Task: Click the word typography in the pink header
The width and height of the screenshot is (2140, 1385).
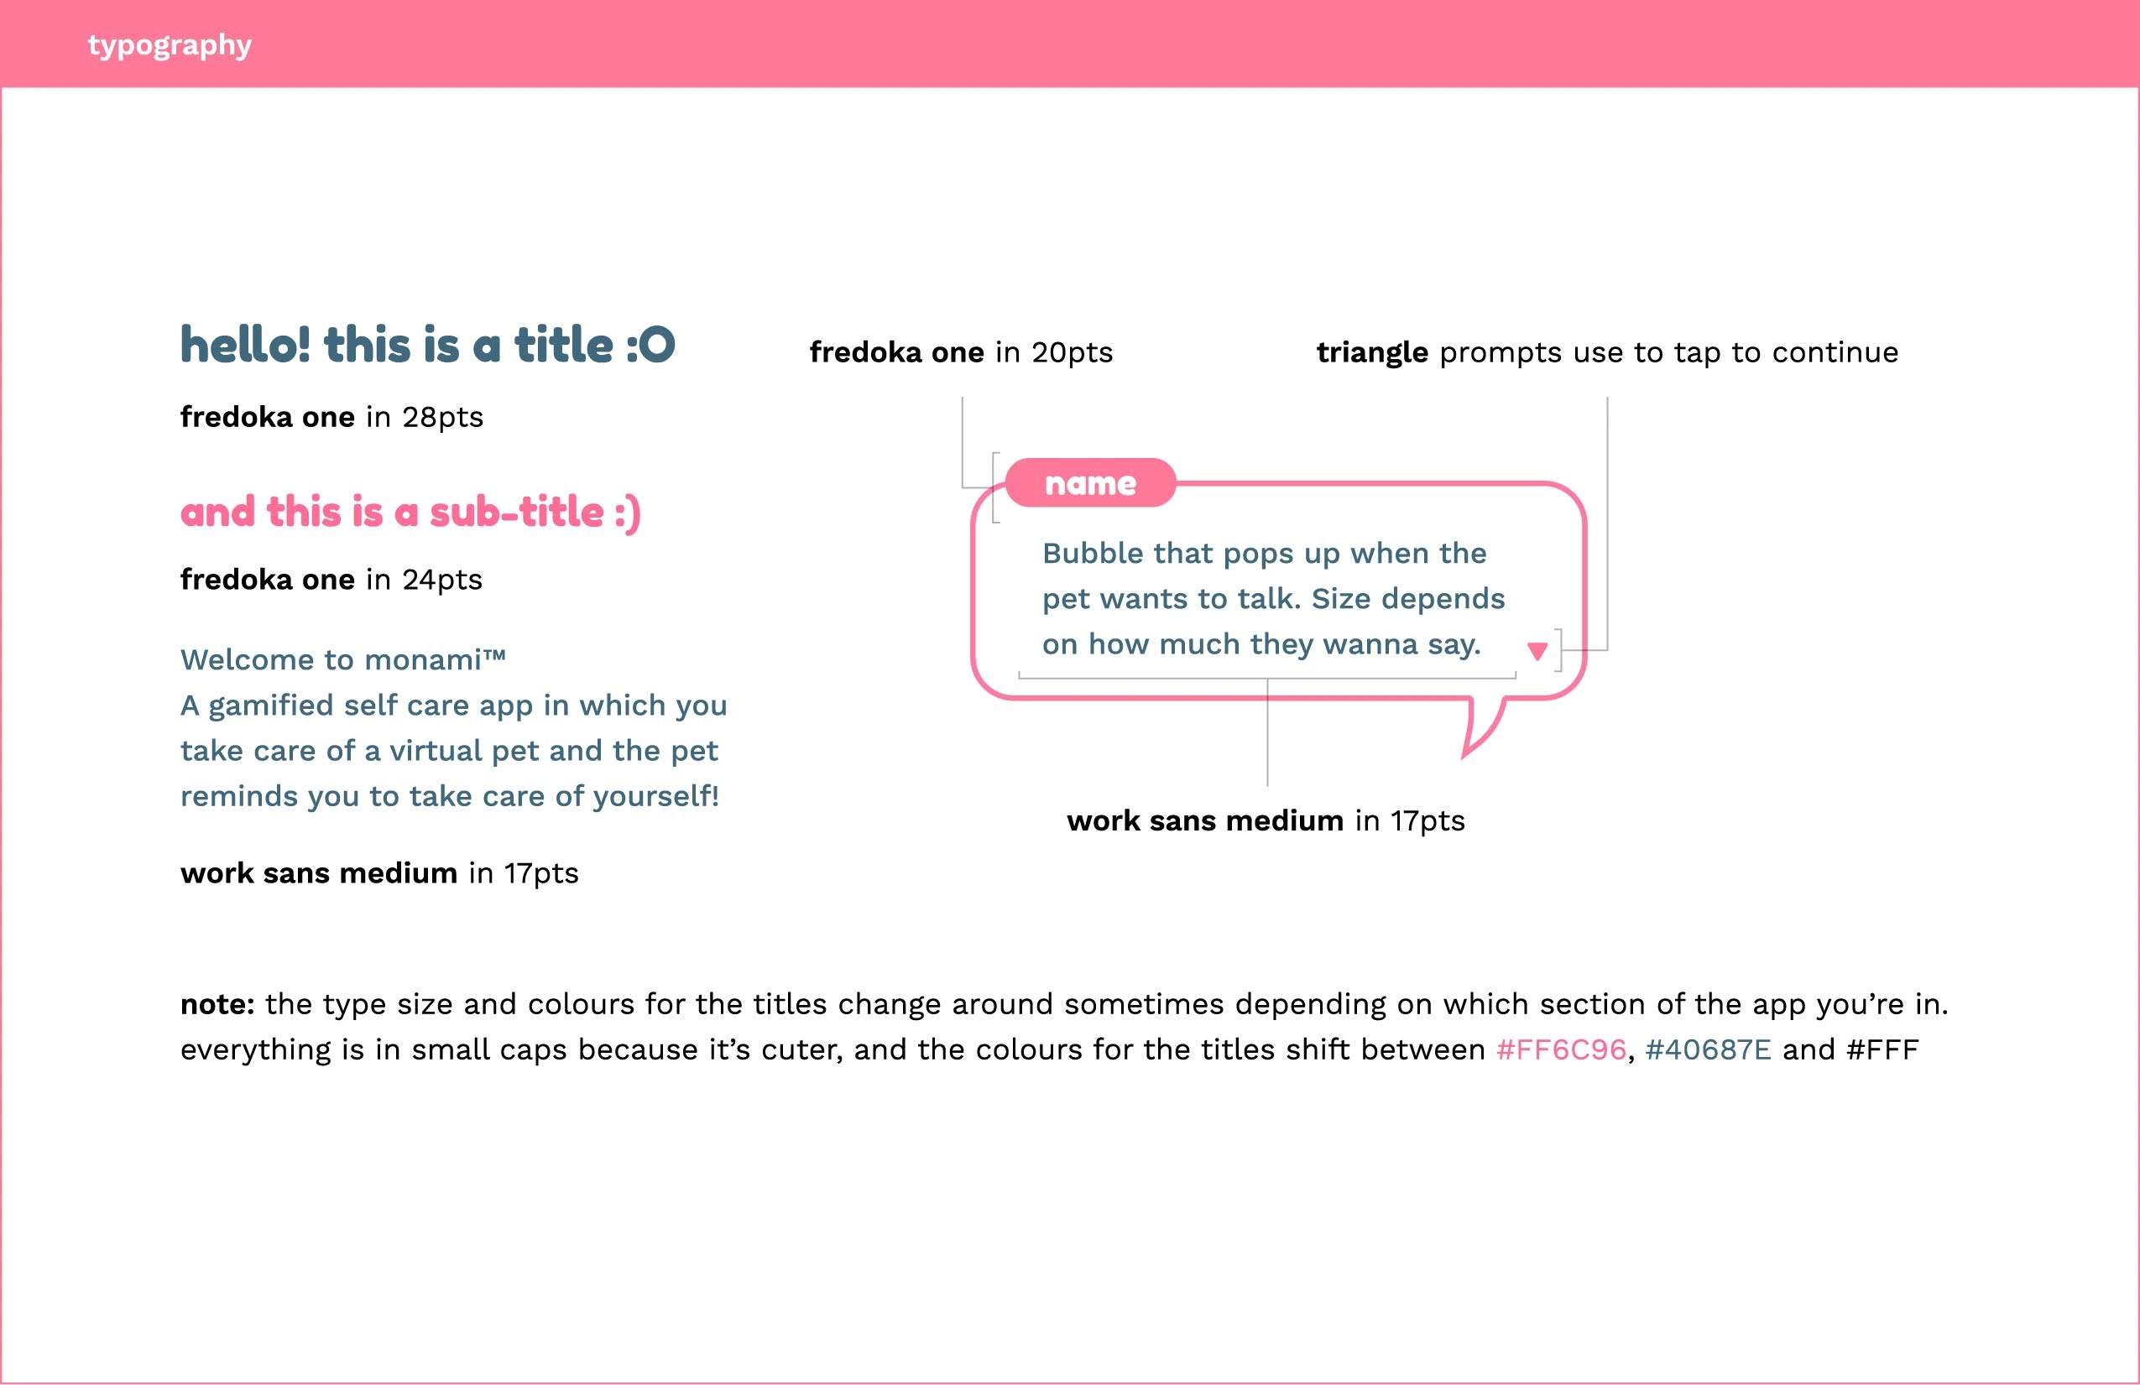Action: tap(169, 46)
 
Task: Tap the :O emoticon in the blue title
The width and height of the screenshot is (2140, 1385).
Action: tap(650, 345)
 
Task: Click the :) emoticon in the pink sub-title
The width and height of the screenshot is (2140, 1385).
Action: tap(628, 513)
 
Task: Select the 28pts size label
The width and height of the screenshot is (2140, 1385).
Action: tap(442, 417)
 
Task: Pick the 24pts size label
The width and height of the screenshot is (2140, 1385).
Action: tap(442, 580)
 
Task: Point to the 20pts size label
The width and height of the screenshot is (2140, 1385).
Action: tap(1072, 352)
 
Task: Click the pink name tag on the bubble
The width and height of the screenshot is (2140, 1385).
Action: tap(1091, 482)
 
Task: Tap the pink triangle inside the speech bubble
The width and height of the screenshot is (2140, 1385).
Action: tap(1537, 651)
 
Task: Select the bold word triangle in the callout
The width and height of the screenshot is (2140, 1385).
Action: tap(1372, 352)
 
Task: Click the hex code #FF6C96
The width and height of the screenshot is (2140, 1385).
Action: tap(1561, 1049)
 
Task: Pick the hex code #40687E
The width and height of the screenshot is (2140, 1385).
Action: tap(1709, 1049)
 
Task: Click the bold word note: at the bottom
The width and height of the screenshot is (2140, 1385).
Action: tap(217, 1004)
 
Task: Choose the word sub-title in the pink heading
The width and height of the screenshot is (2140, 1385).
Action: tap(516, 513)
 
